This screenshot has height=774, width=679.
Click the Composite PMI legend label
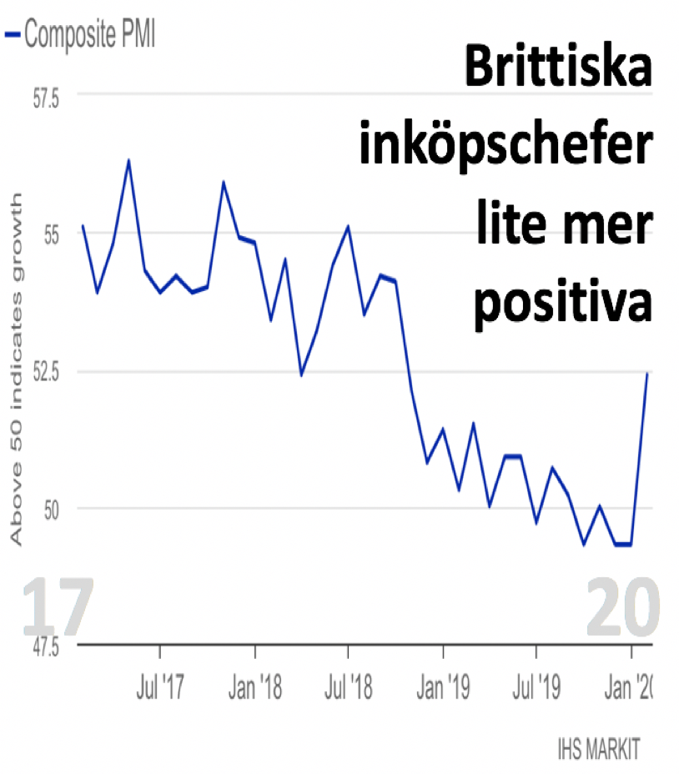point(89,34)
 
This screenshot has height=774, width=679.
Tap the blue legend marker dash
point(13,34)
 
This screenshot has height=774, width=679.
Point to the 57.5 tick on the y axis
point(46,98)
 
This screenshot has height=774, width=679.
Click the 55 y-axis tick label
point(52,235)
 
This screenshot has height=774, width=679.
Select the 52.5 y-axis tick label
point(46,372)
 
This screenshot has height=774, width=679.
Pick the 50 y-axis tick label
point(52,510)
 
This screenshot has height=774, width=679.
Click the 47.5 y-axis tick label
point(46,646)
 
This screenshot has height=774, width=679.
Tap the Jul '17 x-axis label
point(160,686)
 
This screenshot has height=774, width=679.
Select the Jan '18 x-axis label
point(254,686)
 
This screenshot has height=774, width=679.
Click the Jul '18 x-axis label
point(348,686)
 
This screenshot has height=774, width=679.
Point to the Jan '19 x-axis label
point(443,686)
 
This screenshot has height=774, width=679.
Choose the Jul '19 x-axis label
point(536,686)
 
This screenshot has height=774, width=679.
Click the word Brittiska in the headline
point(559,66)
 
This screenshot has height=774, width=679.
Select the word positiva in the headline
point(563,302)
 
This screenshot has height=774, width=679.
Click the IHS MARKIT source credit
point(599,748)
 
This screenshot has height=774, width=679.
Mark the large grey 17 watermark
point(58,606)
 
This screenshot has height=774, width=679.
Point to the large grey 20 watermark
point(622,606)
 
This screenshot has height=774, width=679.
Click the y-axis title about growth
point(17,369)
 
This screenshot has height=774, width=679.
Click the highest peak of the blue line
point(129,160)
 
